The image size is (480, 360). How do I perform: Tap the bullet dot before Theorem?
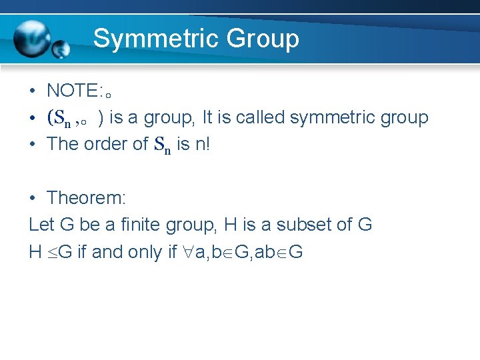pyautogui.click(x=32, y=198)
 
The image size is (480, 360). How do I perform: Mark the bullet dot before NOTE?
pyautogui.click(x=32, y=91)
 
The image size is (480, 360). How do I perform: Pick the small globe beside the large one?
pyautogui.click(x=61, y=48)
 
